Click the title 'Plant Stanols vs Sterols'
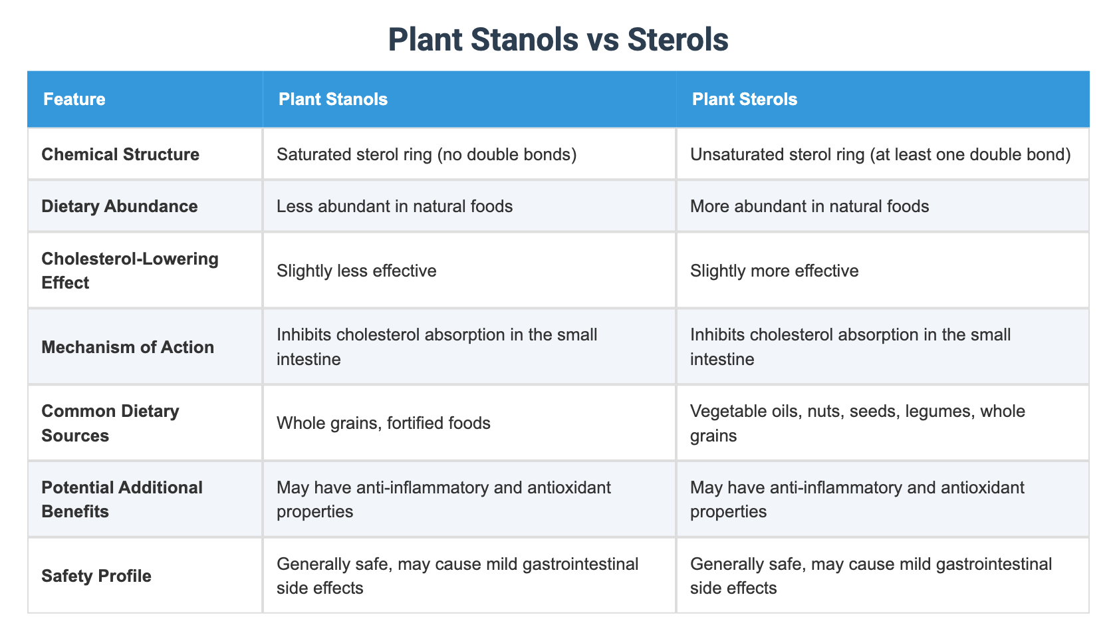[558, 39]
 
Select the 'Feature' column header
[74, 99]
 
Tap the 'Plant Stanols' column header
[332, 99]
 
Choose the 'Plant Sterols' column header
[745, 99]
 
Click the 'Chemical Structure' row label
[120, 154]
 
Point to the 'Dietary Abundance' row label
[119, 206]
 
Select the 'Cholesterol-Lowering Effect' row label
[130, 271]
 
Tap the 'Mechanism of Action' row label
[128, 346]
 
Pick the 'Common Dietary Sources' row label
[110, 423]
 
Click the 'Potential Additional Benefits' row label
[122, 499]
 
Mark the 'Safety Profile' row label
[96, 576]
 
